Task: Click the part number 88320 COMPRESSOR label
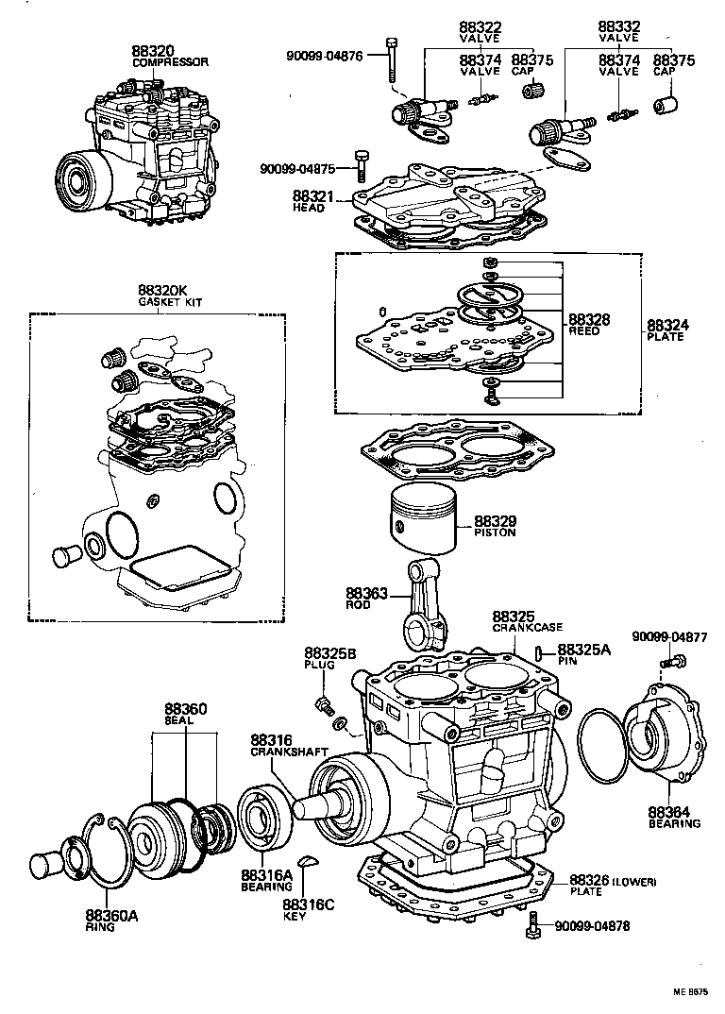[x=169, y=56]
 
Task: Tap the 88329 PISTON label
[x=495, y=526]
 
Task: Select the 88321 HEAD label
[x=311, y=200]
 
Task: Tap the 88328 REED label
[x=588, y=325]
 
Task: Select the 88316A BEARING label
[x=265, y=880]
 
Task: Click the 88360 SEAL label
[x=185, y=714]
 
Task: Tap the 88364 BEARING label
[x=673, y=817]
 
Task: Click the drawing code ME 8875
[x=690, y=991]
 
